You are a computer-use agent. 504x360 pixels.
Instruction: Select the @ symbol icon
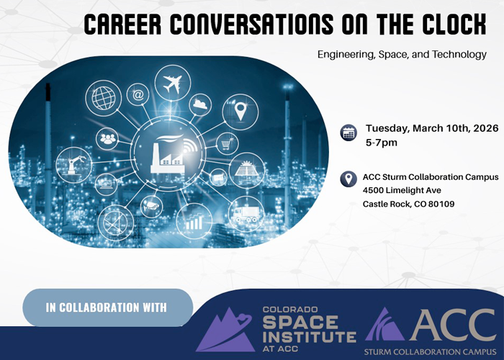[139, 94]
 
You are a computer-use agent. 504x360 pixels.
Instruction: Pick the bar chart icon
[193, 220]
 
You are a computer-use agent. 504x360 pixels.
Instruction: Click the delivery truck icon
[246, 214]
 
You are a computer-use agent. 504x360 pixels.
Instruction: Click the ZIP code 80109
[439, 204]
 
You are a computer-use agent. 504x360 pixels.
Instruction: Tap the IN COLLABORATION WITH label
[107, 307]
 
